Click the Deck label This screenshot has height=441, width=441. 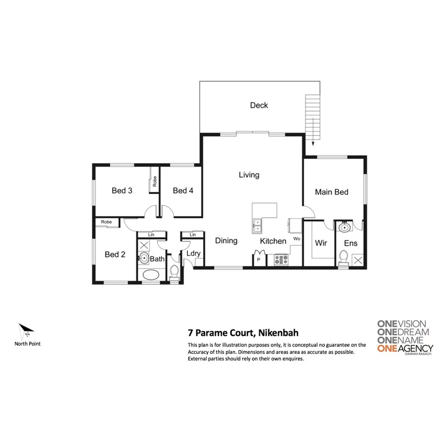pos(259,105)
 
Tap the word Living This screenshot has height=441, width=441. pos(249,175)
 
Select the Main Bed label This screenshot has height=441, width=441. pos(332,192)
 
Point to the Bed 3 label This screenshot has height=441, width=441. pos(122,191)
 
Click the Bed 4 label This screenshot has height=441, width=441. pos(183,191)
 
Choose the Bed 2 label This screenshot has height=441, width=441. pos(115,255)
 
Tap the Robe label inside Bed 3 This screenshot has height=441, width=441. pos(154,181)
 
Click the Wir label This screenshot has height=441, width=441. pos(321,243)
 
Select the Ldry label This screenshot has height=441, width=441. pos(193,253)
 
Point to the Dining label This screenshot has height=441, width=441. pos(226,241)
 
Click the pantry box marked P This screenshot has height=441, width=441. pos(259,260)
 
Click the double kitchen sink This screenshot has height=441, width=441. pos(258,226)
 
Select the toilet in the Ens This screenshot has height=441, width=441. pos(344,257)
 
